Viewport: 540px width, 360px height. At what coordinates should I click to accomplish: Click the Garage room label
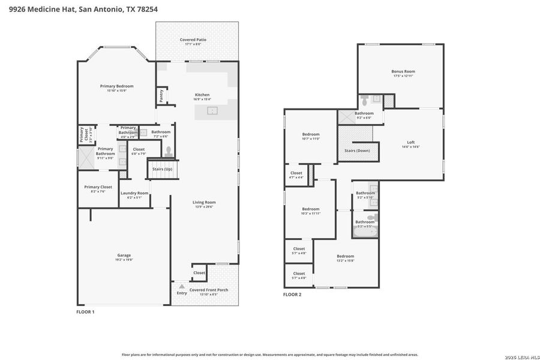[124, 255]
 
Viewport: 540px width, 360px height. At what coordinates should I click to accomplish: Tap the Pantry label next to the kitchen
[161, 95]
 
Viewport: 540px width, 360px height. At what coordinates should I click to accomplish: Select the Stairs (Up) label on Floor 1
[162, 169]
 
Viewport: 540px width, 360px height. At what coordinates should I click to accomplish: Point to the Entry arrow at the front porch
[181, 287]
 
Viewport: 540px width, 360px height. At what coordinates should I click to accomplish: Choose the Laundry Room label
[134, 193]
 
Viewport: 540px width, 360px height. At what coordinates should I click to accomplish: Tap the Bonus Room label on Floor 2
[403, 71]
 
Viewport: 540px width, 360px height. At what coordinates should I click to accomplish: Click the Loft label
[410, 142]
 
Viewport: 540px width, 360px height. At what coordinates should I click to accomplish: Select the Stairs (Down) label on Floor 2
[357, 151]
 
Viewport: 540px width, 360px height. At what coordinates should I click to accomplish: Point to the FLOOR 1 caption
[85, 312]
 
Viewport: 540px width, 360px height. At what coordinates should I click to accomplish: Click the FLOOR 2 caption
[292, 295]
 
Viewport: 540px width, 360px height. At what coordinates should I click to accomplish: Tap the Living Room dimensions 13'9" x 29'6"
[204, 207]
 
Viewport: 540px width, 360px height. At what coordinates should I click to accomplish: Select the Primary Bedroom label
[116, 86]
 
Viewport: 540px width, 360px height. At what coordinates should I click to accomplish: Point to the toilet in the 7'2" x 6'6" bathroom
[169, 151]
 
